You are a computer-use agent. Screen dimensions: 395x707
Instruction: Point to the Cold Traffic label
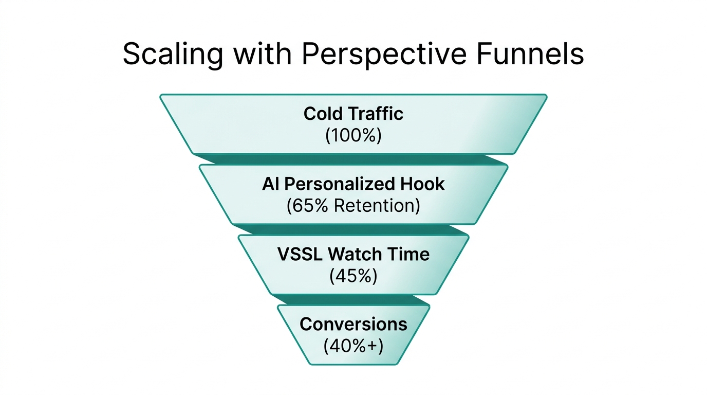(x=353, y=113)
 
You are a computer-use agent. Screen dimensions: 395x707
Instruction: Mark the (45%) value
(x=353, y=276)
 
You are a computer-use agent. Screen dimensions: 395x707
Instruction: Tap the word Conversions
(x=353, y=324)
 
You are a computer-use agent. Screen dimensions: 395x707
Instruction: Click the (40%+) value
(x=353, y=346)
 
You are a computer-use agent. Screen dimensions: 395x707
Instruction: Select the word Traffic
(x=377, y=113)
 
